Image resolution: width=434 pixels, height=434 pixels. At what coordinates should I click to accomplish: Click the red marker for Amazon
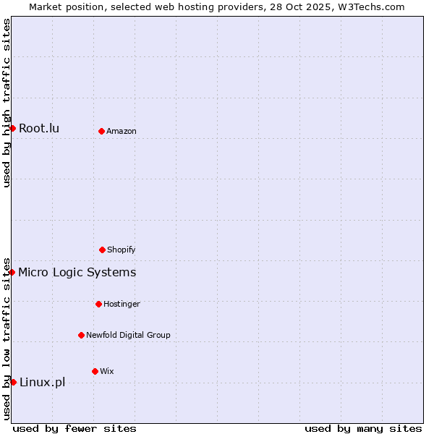click(101, 131)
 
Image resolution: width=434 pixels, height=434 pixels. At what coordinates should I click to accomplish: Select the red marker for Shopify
click(102, 250)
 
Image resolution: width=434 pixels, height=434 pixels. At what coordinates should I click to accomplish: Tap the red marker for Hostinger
click(98, 304)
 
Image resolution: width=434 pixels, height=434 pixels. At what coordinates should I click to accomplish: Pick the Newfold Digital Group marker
click(81, 335)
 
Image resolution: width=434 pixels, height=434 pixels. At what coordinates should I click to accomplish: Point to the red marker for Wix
click(95, 371)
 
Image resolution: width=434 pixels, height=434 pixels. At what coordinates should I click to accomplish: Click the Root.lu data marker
click(12, 128)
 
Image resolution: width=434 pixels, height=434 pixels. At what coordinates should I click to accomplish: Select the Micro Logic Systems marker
click(12, 272)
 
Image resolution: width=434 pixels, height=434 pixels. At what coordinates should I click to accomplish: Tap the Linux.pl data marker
click(13, 382)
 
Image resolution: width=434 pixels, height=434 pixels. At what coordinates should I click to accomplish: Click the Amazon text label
click(122, 131)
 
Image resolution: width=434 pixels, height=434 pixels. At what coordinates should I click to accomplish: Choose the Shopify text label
click(122, 250)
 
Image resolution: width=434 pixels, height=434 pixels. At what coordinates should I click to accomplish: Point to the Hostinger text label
click(122, 304)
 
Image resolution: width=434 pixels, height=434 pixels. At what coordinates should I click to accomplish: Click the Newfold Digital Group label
click(128, 335)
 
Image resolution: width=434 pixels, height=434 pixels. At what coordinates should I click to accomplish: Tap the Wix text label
click(107, 371)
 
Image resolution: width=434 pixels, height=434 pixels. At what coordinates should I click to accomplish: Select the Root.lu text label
click(39, 129)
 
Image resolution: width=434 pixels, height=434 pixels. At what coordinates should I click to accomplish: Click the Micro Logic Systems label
click(77, 273)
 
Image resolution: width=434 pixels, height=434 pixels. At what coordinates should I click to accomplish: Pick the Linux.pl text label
click(42, 383)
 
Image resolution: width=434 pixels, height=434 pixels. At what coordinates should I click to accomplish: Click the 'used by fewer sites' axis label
click(75, 428)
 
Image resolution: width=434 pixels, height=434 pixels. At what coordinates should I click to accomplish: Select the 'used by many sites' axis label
click(363, 428)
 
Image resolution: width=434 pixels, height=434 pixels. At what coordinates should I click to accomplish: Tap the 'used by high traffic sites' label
click(7, 103)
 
